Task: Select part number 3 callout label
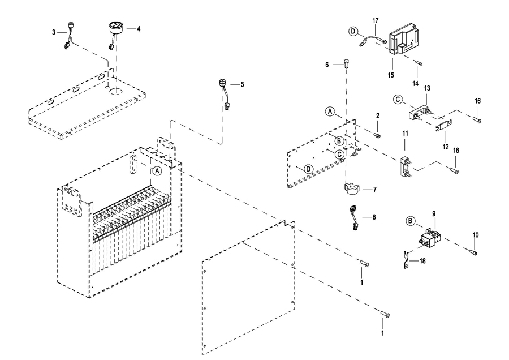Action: [x=54, y=33]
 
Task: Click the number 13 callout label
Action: [x=428, y=89]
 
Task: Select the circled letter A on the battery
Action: [x=157, y=170]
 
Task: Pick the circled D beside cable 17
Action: [x=352, y=32]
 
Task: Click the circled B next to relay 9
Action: [x=411, y=221]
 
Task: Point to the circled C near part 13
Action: [x=398, y=100]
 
